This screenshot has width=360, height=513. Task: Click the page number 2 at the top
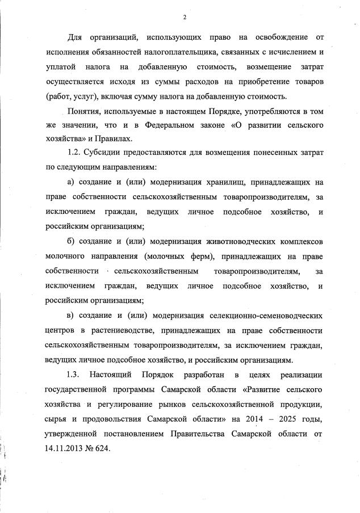[x=184, y=17]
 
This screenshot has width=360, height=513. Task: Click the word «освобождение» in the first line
[x=275, y=37]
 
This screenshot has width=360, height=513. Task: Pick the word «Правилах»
[x=115, y=138]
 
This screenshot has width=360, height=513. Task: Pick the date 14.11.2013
[x=66, y=447]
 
